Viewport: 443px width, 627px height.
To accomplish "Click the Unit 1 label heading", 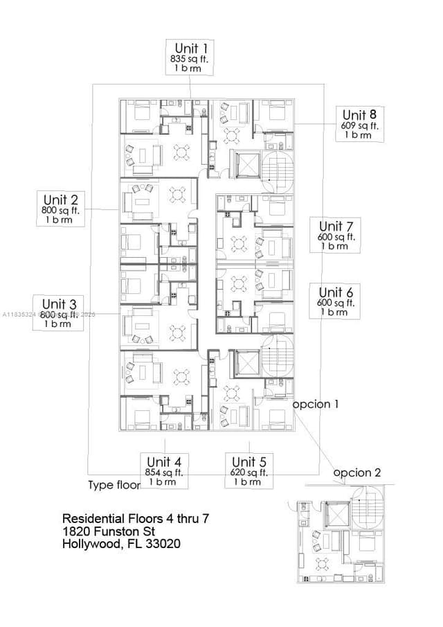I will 190,48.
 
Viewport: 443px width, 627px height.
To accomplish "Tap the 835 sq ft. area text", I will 190,60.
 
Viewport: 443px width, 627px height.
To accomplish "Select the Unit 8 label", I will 360,114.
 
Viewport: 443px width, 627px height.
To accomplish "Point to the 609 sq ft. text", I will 360,126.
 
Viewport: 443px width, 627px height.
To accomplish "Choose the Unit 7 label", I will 336,226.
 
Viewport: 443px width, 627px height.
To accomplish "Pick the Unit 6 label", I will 336,292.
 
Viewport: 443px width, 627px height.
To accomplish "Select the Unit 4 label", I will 164,461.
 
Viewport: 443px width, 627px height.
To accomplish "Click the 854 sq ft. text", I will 164,473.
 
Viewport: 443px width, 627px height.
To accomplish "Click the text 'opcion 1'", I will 315,404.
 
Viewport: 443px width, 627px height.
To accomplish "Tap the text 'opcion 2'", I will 357,473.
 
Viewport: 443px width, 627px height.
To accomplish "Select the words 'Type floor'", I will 114,484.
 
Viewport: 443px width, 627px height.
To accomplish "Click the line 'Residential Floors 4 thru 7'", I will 131,518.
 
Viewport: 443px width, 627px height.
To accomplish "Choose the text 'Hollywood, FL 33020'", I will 122,545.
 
